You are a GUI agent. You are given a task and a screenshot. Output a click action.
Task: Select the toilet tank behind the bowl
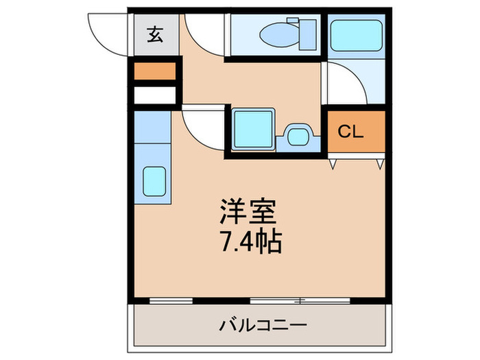[307, 32]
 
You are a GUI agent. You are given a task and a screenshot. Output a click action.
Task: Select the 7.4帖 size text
[250, 241]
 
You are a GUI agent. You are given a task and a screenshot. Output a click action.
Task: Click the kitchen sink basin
[154, 181]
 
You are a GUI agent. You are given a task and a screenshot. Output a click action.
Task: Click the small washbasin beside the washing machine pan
[298, 135]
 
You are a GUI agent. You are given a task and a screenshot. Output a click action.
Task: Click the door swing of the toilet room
[204, 34]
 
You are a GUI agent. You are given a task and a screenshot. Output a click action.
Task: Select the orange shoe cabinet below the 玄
[155, 71]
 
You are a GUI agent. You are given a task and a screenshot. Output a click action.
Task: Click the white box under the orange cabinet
[155, 95]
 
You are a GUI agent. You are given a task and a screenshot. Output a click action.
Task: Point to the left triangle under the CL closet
[333, 164]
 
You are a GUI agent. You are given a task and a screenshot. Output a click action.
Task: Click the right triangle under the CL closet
[379, 164]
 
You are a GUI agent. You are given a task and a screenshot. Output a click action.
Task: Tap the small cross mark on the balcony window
[300, 300]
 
